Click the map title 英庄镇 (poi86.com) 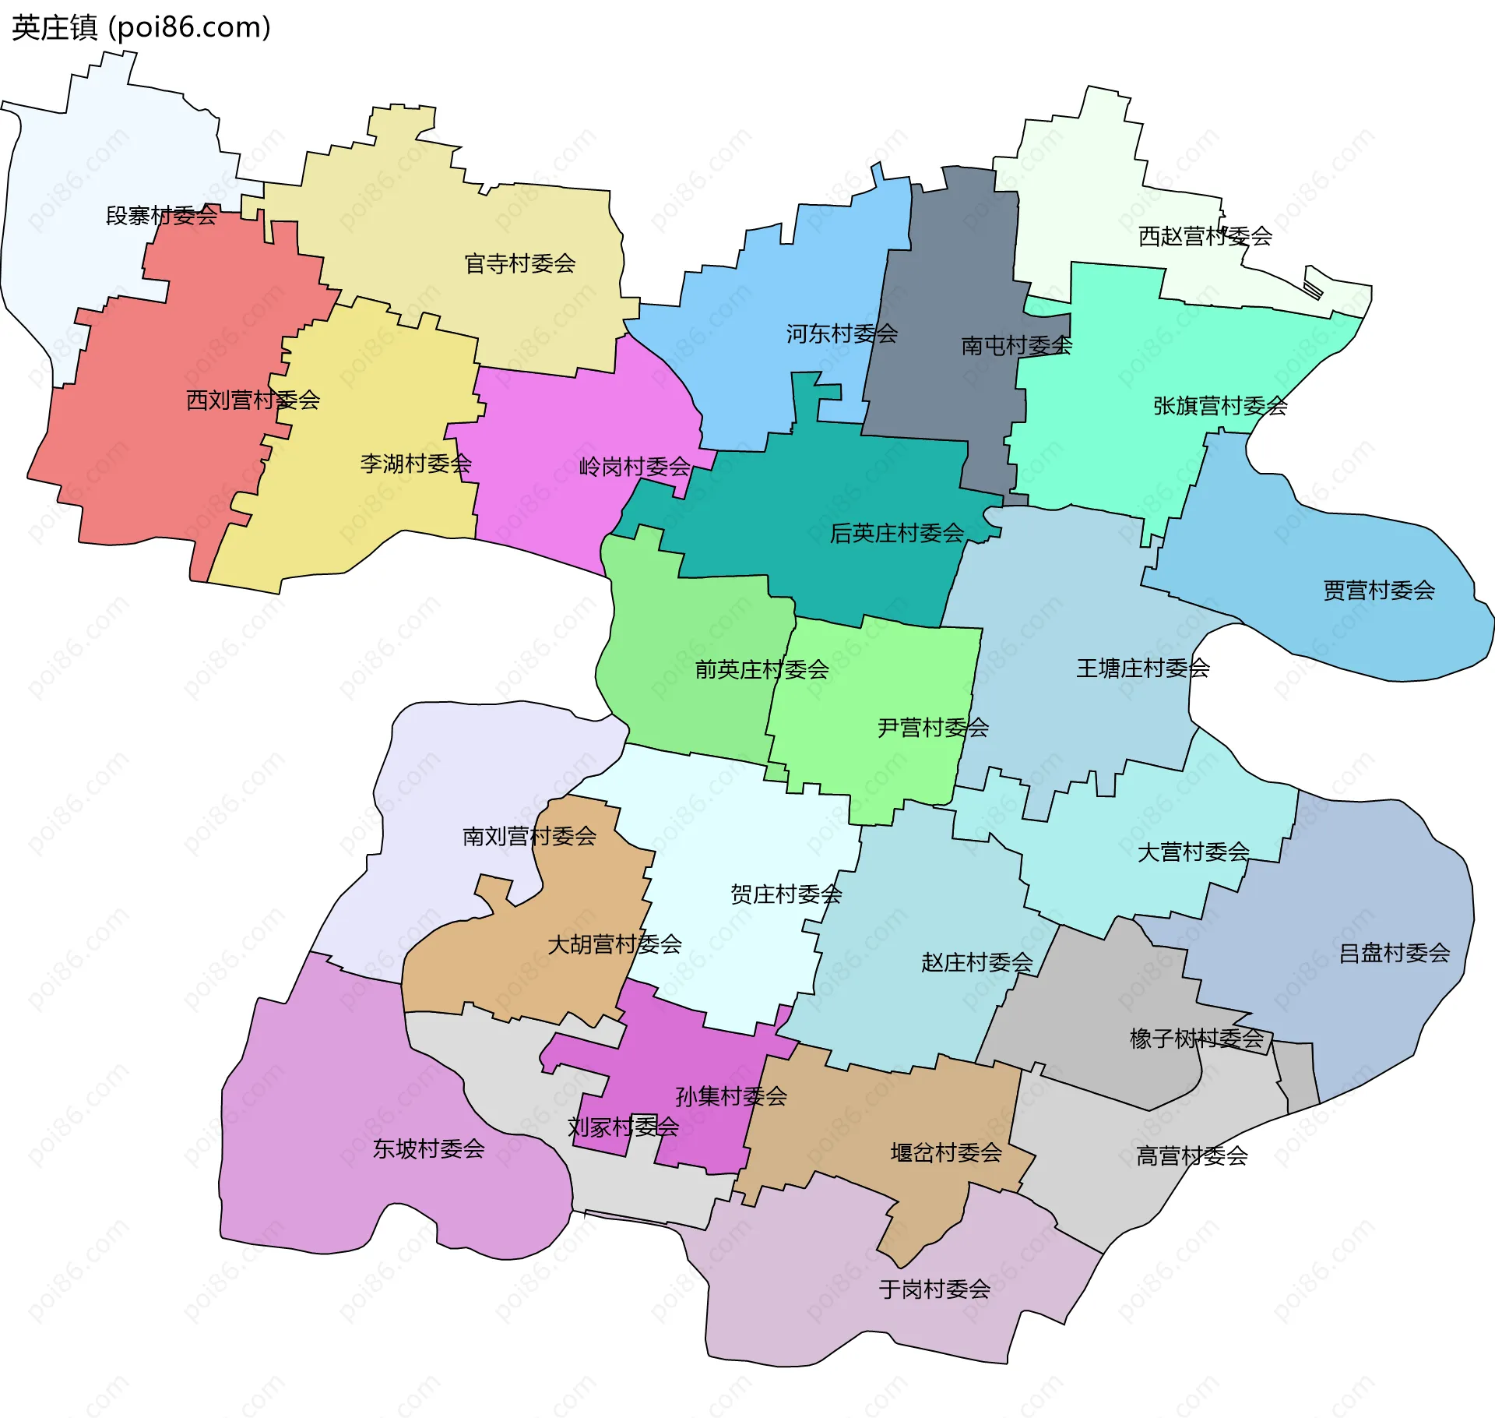[x=141, y=27]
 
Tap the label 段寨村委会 [x=162, y=216]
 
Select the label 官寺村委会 [x=520, y=264]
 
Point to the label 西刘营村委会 [x=253, y=400]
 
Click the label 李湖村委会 [x=416, y=464]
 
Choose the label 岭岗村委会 [x=635, y=467]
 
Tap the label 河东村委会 [x=842, y=334]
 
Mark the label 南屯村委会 [x=1017, y=346]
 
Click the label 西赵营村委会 [x=1205, y=236]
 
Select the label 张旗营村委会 [x=1220, y=406]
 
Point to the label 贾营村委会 [x=1379, y=591]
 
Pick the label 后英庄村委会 [x=897, y=534]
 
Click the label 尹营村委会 [x=933, y=728]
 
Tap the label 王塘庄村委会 [x=1143, y=668]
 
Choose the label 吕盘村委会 [x=1394, y=954]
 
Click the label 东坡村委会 [x=429, y=1149]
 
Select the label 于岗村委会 [x=934, y=1289]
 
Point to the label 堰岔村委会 [x=946, y=1153]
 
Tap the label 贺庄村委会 [x=786, y=894]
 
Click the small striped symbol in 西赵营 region [x=1313, y=289]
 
